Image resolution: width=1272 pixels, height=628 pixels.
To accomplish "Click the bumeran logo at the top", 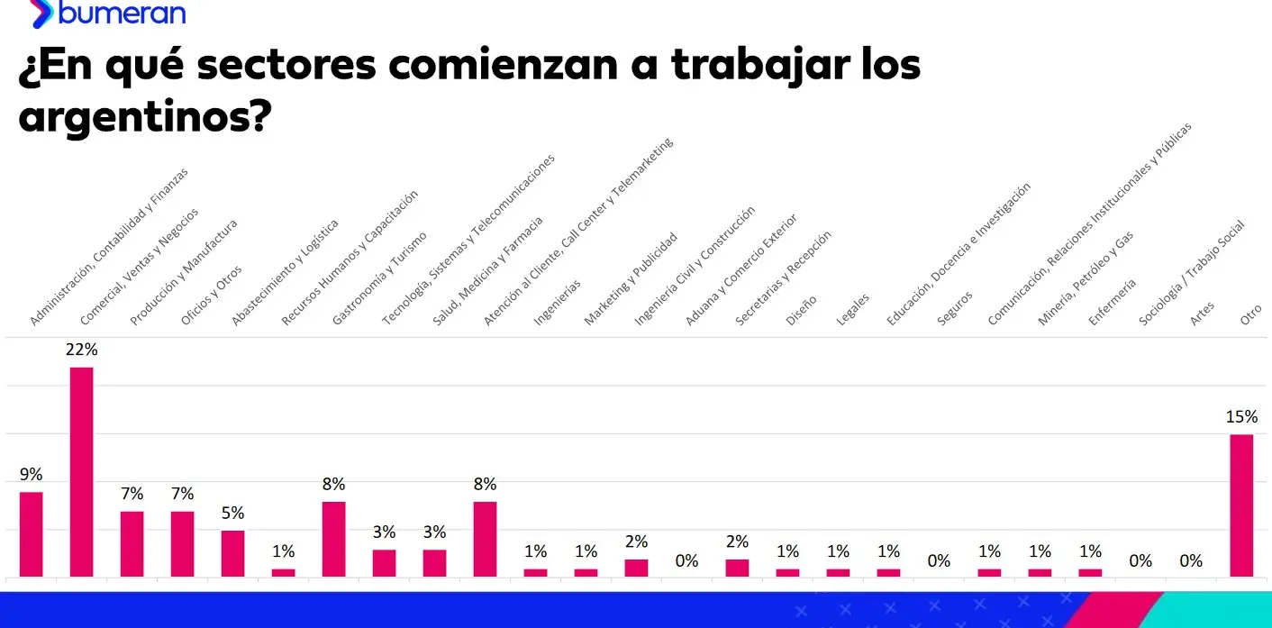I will (108, 13).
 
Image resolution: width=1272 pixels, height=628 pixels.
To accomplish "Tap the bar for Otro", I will (1241, 505).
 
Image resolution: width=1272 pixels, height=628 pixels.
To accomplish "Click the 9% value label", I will (32, 475).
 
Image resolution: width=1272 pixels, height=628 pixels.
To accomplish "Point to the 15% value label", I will (1241, 417).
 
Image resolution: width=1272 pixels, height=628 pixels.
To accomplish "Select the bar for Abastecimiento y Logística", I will (233, 553).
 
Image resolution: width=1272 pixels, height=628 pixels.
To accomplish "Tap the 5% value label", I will (233, 514).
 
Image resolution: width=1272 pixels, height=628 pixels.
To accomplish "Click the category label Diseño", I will (802, 309).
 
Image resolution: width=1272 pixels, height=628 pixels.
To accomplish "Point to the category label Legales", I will (852, 308).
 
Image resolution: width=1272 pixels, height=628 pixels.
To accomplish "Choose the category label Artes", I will (1203, 312).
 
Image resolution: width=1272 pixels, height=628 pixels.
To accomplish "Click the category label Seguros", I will (955, 307).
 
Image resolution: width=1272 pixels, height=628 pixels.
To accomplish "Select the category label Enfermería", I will (1113, 301).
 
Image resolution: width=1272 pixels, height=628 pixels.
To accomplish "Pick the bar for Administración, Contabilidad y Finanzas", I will (32, 533).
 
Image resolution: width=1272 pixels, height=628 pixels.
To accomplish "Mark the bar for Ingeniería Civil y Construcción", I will (637, 568).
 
